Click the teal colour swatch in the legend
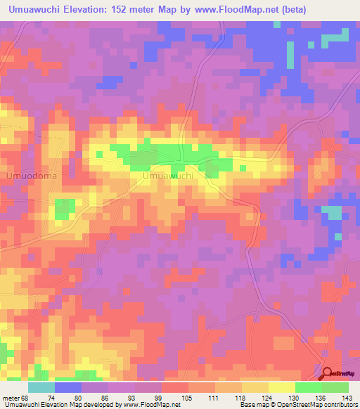coord(41,387)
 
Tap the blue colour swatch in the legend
coord(68,387)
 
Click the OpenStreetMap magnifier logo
coord(328,374)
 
